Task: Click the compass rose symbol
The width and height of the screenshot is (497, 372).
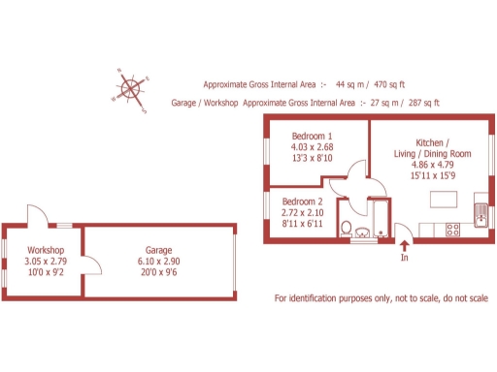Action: click(x=133, y=90)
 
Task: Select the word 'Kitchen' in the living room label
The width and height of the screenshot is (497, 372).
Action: click(x=431, y=142)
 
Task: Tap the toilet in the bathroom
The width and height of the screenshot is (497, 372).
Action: click(x=346, y=228)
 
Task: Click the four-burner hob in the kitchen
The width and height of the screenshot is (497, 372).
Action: click(x=451, y=230)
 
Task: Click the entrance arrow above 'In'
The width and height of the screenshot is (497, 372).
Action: click(x=405, y=244)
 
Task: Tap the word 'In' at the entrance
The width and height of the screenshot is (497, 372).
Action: click(x=405, y=258)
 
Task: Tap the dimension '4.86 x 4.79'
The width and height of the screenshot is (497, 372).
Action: click(x=433, y=165)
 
